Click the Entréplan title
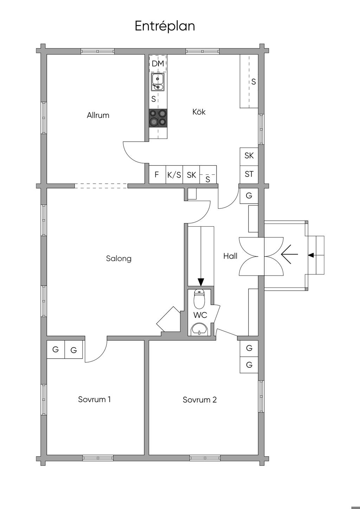pos(165,26)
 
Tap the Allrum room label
pos(98,115)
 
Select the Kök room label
pos(199,111)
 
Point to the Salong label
pos(118,259)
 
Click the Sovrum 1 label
pos(94,399)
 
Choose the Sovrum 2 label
pos(200,400)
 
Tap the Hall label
pos(230,256)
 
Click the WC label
pos(200,315)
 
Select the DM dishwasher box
pos(158,63)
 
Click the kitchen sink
pos(158,82)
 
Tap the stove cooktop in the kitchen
pos(158,118)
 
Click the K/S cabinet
pos(174,174)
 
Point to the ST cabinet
pos(249,174)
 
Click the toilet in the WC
pos(199,299)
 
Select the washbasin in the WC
pos(199,329)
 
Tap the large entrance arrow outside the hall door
pos(289,254)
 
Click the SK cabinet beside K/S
pos(191,174)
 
